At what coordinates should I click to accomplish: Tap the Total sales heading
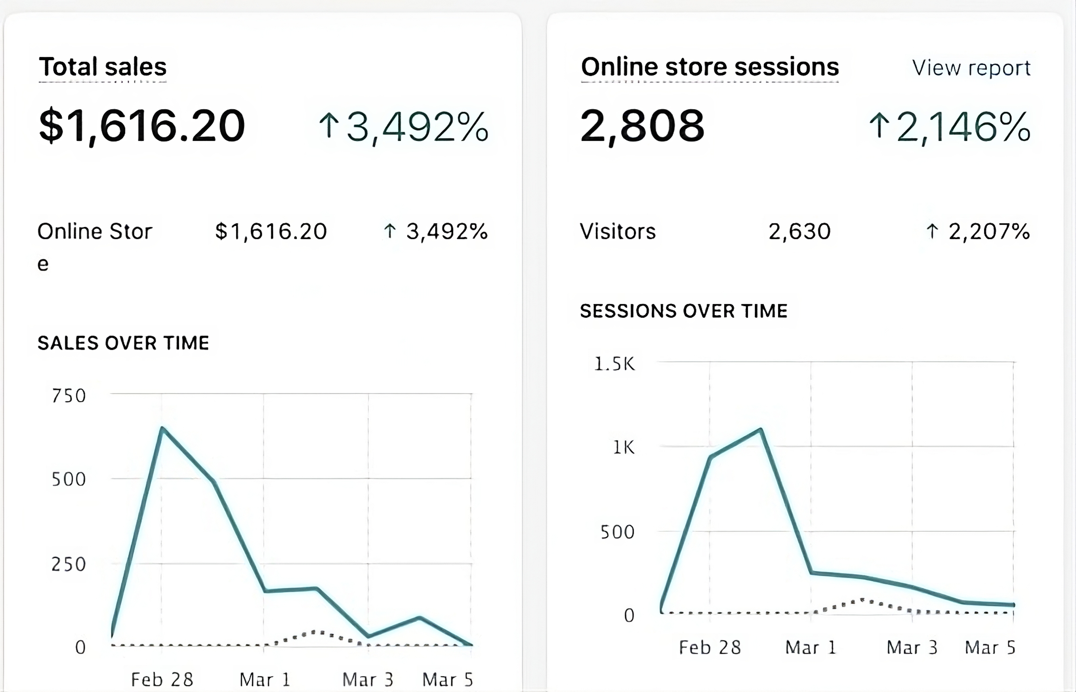click(103, 67)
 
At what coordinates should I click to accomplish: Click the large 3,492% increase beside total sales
click(403, 127)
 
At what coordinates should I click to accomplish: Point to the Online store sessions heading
click(710, 67)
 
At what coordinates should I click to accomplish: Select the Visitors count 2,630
click(799, 232)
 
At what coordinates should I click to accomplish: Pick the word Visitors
click(617, 232)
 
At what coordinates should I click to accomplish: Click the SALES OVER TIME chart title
click(123, 343)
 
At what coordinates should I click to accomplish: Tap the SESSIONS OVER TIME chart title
click(683, 311)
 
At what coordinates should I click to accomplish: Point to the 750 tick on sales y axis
click(69, 396)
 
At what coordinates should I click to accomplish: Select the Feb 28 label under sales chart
click(162, 679)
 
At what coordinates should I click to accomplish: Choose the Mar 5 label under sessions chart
click(990, 648)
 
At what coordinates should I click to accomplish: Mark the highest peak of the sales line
click(162, 428)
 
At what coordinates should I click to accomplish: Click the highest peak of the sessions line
click(760, 430)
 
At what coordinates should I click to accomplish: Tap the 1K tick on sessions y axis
click(624, 447)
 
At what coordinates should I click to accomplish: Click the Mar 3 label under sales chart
click(367, 679)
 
